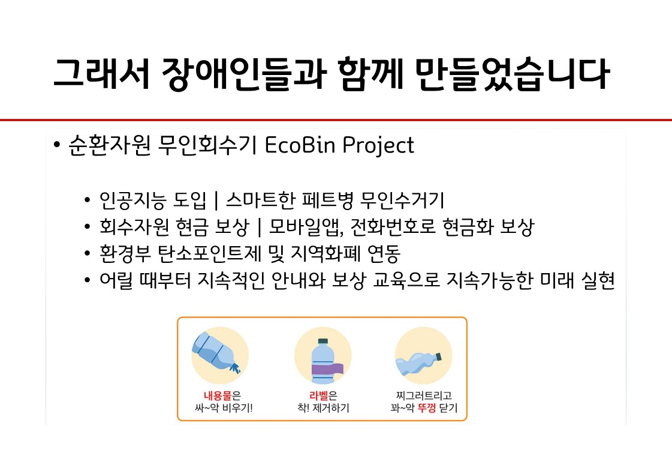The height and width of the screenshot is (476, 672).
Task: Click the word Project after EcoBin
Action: click(x=378, y=146)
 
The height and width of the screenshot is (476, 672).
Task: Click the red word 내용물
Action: click(x=213, y=396)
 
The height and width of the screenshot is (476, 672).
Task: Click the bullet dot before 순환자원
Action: click(x=56, y=146)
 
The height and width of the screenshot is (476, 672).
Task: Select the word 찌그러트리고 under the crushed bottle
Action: click(x=423, y=396)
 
